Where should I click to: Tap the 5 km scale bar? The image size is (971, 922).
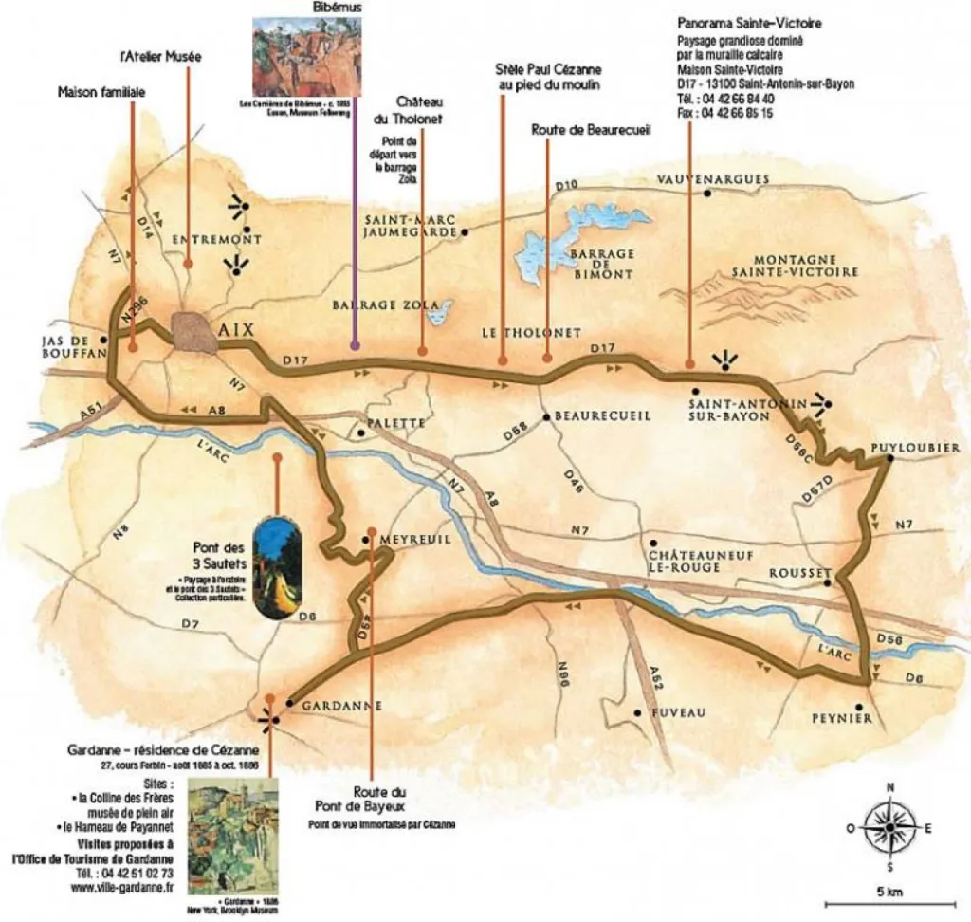tap(881, 902)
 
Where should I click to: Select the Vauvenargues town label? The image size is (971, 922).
tap(712, 178)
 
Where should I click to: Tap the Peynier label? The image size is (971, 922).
tap(841, 718)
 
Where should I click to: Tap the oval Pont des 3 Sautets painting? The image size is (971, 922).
tap(279, 566)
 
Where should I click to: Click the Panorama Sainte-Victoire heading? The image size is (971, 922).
tap(749, 22)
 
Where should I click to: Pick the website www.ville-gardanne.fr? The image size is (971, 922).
tap(121, 887)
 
